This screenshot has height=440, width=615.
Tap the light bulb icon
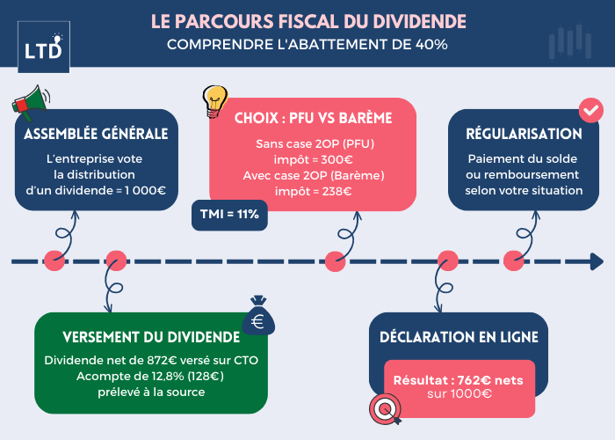pos(215,101)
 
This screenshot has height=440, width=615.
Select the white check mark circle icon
pos(590,111)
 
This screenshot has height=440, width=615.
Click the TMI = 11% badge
pos(229,214)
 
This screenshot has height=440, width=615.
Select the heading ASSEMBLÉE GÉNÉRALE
pos(96,134)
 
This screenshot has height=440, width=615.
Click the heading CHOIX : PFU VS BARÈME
pos(313,117)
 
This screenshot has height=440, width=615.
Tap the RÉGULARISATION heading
pos(524,134)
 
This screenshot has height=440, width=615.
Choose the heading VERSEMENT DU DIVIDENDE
pos(151,337)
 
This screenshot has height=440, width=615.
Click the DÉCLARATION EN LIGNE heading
pos(459,337)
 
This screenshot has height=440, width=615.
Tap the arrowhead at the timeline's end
pos(597,261)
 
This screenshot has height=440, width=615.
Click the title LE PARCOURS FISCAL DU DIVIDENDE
pos(307,19)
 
